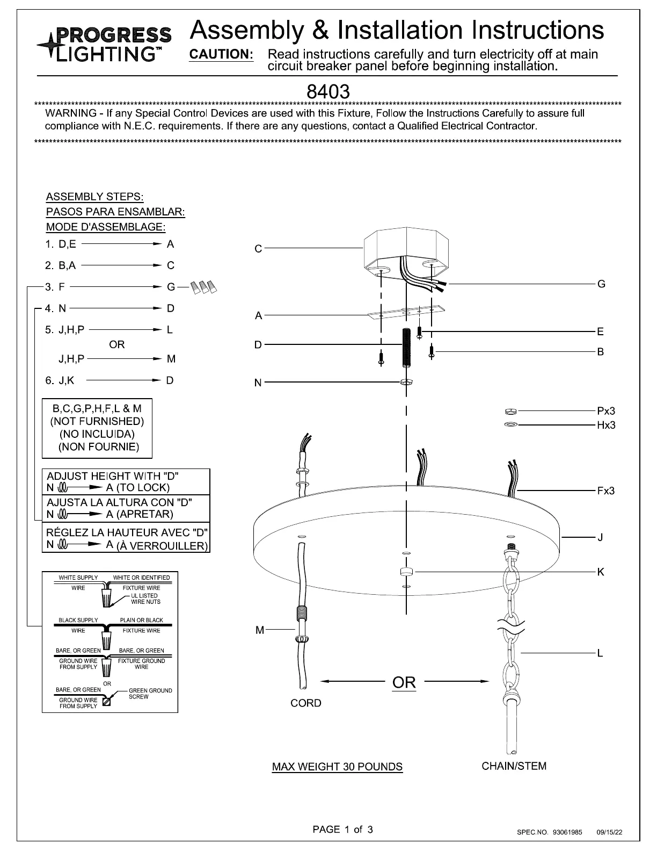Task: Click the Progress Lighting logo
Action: click(x=104, y=44)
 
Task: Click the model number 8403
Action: click(x=328, y=92)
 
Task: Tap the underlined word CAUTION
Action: click(x=221, y=54)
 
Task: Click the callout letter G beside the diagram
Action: click(x=601, y=284)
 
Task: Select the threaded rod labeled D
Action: click(x=406, y=347)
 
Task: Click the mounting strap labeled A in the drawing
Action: click(x=406, y=312)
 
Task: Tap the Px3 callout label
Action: click(x=606, y=411)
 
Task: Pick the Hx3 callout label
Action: click(x=606, y=425)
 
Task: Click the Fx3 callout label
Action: click(x=605, y=491)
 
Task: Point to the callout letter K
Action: click(x=601, y=572)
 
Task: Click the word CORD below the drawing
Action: click(x=305, y=703)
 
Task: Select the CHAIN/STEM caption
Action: click(x=514, y=766)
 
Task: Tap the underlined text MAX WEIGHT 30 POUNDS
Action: click(x=337, y=767)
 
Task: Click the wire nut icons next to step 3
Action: click(x=203, y=287)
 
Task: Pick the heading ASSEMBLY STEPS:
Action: click(x=94, y=197)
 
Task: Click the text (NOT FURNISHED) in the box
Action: click(x=97, y=421)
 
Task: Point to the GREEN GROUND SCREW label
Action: click(x=150, y=694)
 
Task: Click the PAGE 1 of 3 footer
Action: click(x=342, y=829)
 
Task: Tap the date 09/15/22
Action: click(x=609, y=832)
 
